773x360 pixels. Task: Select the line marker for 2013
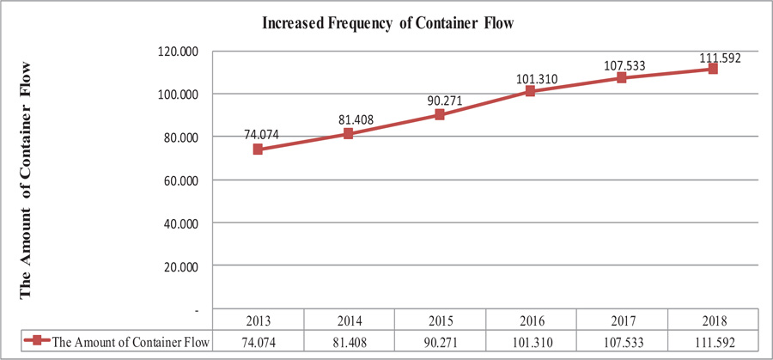tap(258, 149)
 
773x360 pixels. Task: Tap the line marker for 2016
tap(531, 90)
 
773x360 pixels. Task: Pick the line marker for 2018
tap(713, 69)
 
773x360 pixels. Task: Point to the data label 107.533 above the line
tap(622, 64)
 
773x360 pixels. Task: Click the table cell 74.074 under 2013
tap(258, 341)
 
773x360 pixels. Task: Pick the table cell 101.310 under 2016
tap(531, 341)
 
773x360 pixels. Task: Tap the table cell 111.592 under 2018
tap(713, 341)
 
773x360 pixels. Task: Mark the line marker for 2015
tap(440, 114)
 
